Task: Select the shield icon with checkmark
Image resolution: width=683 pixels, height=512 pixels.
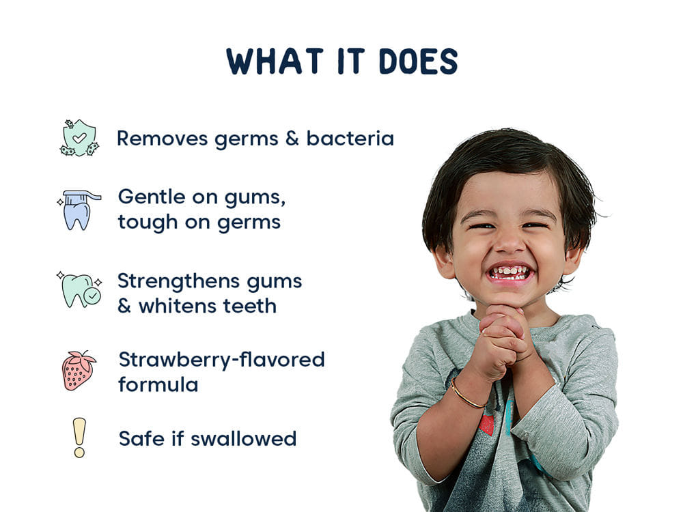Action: point(79,138)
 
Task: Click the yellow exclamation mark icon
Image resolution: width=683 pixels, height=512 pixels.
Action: point(80,437)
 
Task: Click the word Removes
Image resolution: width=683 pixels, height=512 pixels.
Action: point(162,139)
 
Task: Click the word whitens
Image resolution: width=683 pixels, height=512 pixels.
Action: point(177,306)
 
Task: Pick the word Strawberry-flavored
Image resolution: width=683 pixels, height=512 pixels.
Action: point(221,359)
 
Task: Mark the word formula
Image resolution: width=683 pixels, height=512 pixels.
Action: point(158,384)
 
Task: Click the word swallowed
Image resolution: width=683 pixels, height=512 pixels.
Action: point(243,438)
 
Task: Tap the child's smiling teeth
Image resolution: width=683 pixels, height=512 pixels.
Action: point(510,272)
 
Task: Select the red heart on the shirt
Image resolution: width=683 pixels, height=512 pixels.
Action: point(486,425)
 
